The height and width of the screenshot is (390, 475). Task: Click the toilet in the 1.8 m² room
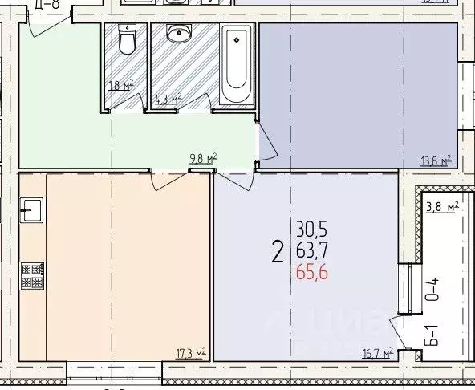click(126, 39)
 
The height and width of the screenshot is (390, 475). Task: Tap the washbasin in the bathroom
click(178, 35)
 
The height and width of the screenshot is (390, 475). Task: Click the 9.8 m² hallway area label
click(203, 158)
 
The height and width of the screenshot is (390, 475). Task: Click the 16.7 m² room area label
click(377, 352)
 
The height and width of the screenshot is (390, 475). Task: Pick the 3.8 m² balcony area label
click(442, 207)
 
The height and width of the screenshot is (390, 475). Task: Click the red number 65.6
click(311, 274)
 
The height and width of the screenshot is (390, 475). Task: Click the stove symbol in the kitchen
click(32, 275)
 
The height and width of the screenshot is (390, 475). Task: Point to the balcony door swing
click(398, 331)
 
